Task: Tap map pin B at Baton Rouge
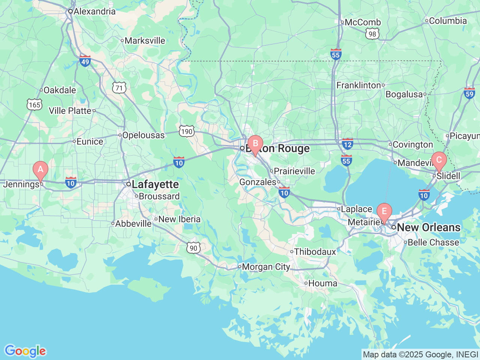coord(255,143)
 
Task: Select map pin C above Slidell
coord(439,160)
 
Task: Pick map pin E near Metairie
coord(384,211)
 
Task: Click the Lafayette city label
coord(155,184)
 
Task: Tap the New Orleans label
coord(428,227)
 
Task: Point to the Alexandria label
coord(94,11)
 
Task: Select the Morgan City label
coord(265,267)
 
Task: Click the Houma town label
coord(322,283)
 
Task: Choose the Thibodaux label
coord(315,252)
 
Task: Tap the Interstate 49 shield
coord(85,61)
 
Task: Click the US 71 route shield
coord(119,88)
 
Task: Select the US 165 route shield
coord(34,105)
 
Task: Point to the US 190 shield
coord(186,131)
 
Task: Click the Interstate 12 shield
coord(348,144)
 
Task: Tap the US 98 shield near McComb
coord(372,34)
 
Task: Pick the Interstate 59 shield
coord(469,93)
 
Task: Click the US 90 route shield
coord(193,247)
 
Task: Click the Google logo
coord(25,351)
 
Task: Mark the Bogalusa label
coord(404,94)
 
